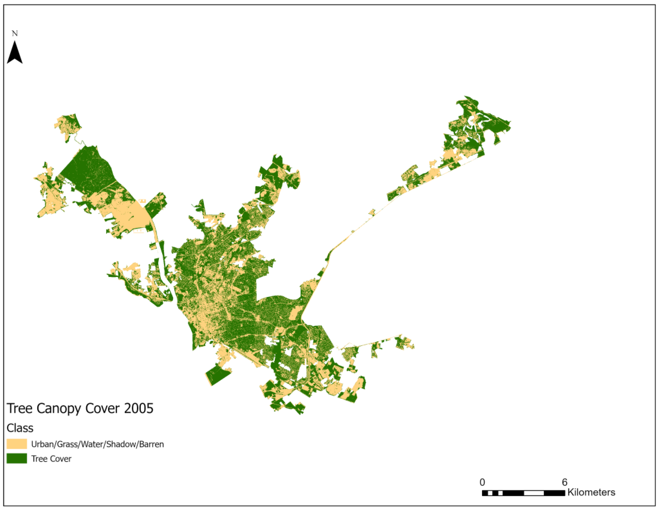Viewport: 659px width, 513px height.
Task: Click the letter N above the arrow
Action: click(15, 33)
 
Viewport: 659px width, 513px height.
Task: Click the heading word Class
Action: click(20, 428)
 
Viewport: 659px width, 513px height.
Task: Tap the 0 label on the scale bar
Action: click(482, 482)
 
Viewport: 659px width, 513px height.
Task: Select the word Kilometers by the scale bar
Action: click(591, 492)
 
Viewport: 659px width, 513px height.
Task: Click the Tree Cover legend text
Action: click(51, 459)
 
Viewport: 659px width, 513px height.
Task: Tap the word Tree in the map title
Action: click(20, 408)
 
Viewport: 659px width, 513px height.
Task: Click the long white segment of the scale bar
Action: click(534, 493)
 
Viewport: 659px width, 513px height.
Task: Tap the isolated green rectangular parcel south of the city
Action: click(218, 374)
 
